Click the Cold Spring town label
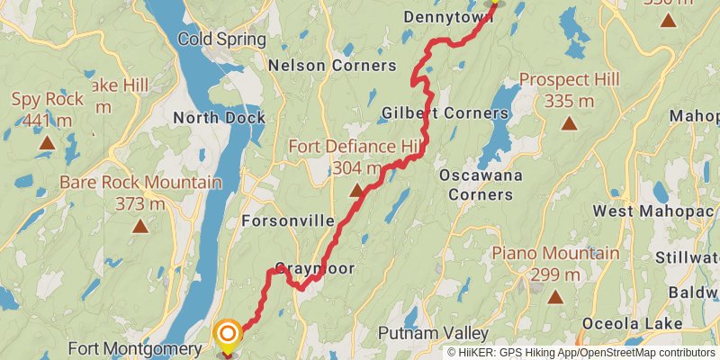tap(221, 40)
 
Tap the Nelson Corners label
tap(332, 66)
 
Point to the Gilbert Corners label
tap(445, 113)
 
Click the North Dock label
tap(219, 118)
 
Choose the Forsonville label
tap(288, 220)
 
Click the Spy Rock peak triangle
tap(46, 142)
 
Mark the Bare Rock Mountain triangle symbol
tap(139, 225)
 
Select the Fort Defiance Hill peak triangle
tap(356, 191)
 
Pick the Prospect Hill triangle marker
tap(569, 123)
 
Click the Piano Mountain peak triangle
tap(555, 296)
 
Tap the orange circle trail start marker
tap(228, 334)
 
